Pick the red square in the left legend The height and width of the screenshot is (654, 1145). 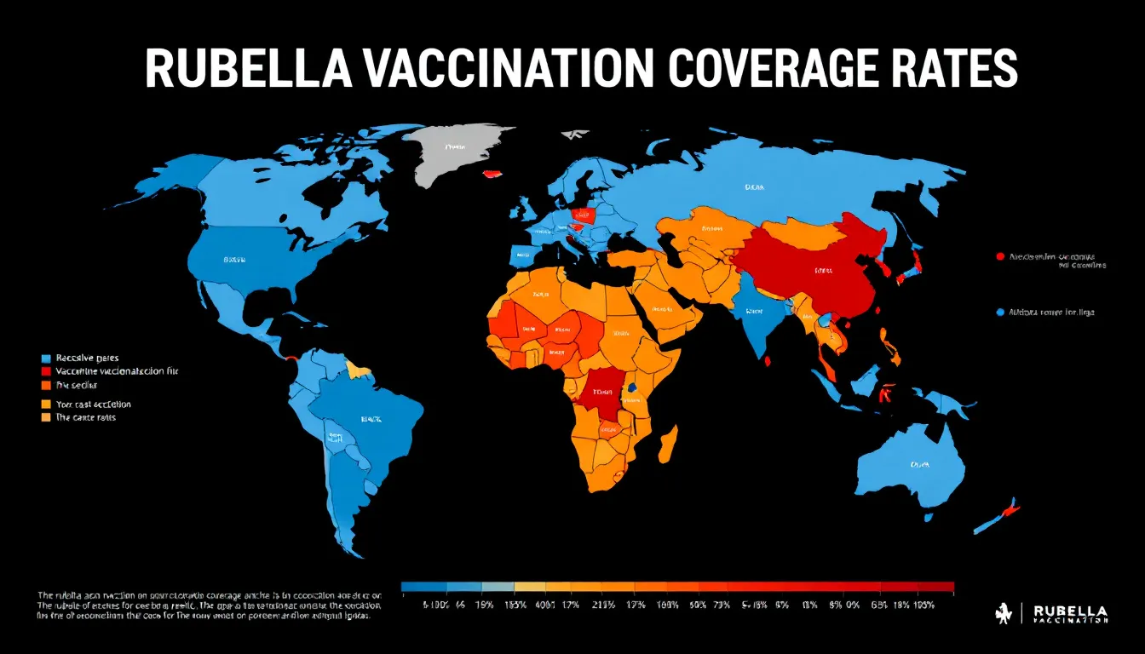point(46,372)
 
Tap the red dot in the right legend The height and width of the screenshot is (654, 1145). point(999,255)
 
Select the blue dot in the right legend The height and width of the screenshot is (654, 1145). point(999,313)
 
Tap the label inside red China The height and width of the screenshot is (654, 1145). point(823,271)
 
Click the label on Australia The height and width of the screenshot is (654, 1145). point(919,465)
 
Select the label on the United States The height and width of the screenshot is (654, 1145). point(235,259)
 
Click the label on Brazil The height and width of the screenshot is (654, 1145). point(371,419)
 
